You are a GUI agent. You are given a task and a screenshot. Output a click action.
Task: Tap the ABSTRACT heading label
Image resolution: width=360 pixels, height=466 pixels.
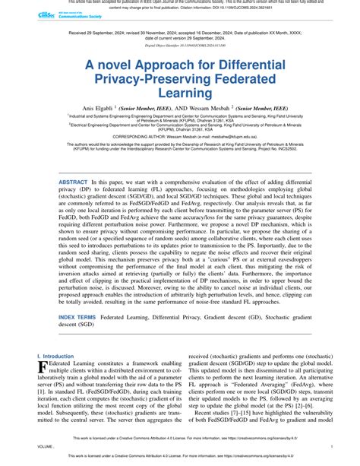[73, 183]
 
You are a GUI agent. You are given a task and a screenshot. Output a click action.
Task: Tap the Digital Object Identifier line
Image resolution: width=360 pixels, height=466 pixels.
[179, 46]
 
